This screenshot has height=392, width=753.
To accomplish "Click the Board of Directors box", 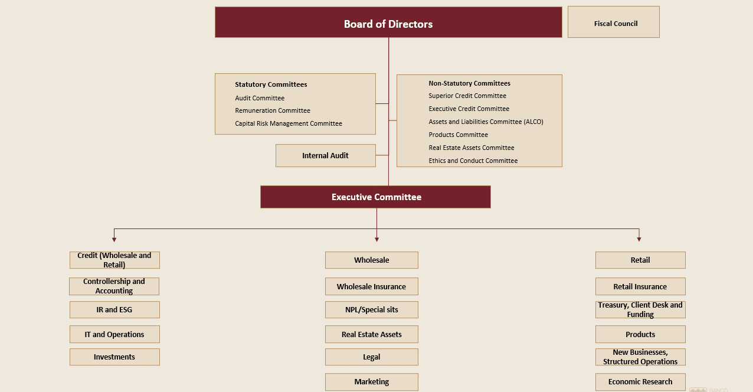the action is pyautogui.click(x=388, y=22).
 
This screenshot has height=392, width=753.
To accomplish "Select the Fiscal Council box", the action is pyautogui.click(x=614, y=22).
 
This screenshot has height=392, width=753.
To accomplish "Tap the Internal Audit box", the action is pyautogui.click(x=325, y=156).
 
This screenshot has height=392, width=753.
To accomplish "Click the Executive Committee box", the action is pyautogui.click(x=375, y=197).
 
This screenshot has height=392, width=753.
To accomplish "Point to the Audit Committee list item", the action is pyautogui.click(x=260, y=98).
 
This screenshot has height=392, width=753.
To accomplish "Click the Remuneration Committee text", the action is pyautogui.click(x=273, y=110).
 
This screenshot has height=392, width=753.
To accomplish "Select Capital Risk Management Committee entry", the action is pyautogui.click(x=289, y=123).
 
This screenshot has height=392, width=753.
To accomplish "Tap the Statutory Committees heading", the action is pyautogui.click(x=271, y=84).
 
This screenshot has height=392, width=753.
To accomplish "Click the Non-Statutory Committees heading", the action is pyautogui.click(x=469, y=83).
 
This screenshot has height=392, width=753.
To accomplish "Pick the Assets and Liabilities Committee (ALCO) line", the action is pyautogui.click(x=486, y=122).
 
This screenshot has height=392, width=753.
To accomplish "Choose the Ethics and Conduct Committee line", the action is pyautogui.click(x=473, y=161).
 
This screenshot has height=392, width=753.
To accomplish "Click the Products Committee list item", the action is pyautogui.click(x=458, y=135).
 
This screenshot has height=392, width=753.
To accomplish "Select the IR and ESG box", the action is pyautogui.click(x=114, y=309).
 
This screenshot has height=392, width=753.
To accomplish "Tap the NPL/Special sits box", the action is pyautogui.click(x=371, y=309).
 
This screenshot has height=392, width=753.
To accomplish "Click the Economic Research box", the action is pyautogui.click(x=640, y=382).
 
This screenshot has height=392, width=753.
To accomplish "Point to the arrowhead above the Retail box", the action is pyautogui.click(x=639, y=239).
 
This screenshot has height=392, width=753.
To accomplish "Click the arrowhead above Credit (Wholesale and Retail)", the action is pyautogui.click(x=114, y=240).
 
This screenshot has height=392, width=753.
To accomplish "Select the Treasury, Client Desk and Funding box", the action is pyautogui.click(x=640, y=309).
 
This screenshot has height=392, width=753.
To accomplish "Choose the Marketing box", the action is pyautogui.click(x=371, y=382).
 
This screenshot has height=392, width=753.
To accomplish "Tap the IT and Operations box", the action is pyautogui.click(x=114, y=334).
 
